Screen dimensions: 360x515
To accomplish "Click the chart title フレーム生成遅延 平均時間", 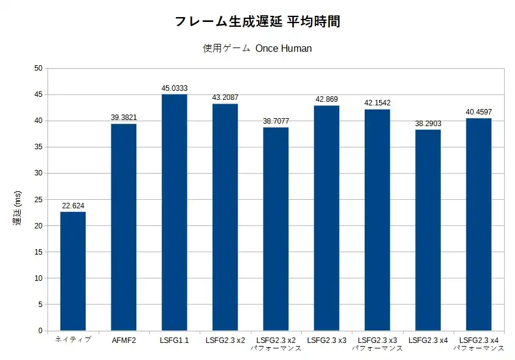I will click(257, 22).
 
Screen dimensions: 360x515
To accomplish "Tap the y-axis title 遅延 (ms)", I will click(17, 208).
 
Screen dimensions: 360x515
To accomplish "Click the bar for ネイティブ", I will click(73, 271).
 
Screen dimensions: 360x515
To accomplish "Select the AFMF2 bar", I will click(124, 227).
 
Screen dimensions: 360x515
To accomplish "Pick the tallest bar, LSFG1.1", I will click(174, 213).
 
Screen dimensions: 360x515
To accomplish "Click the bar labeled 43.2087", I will click(225, 217).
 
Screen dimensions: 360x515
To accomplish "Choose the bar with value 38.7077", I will click(276, 229).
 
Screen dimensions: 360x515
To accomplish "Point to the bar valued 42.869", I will click(326, 218).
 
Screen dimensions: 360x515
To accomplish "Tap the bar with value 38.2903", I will click(428, 230).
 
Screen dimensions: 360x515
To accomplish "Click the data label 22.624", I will click(73, 206).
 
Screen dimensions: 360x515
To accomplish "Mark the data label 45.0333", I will click(174, 88).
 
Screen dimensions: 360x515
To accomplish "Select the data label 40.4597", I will click(478, 112).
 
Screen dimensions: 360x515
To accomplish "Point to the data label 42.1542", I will click(377, 103).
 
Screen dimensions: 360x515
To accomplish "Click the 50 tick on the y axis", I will click(38, 68).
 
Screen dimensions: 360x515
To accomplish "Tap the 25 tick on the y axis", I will click(38, 199).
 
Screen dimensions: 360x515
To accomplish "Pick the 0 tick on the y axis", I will click(40, 331).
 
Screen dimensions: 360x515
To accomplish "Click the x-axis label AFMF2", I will click(124, 340).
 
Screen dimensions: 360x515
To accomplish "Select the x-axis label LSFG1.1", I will click(174, 340).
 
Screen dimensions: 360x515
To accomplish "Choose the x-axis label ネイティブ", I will click(73, 340).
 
